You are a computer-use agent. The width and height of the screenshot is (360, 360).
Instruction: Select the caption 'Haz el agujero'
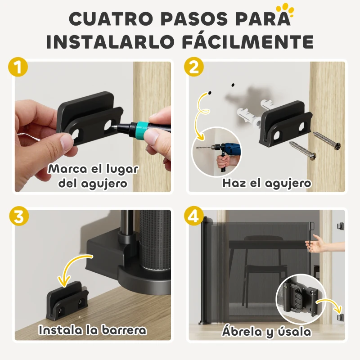pos(266,184)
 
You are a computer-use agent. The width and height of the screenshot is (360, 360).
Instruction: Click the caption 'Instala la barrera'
pos(92,330)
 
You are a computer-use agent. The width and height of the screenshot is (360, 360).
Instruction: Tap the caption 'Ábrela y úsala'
pos(266,332)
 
